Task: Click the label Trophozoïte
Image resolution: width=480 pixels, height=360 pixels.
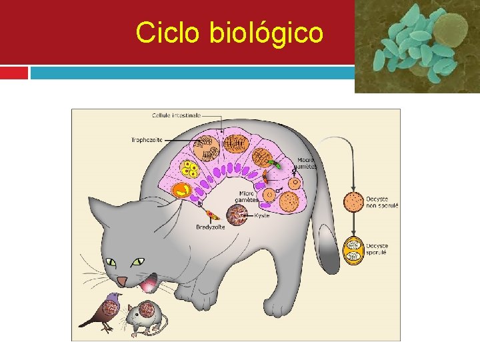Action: coord(147,139)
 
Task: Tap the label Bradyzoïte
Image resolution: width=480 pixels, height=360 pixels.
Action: coord(210,227)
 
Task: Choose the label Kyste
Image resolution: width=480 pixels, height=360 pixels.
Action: coord(262,215)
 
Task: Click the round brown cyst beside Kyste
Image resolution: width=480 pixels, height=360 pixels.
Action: coord(237,215)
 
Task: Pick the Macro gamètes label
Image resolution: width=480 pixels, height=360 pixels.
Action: coord(307,163)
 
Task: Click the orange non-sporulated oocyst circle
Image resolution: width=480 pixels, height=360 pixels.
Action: coord(353,201)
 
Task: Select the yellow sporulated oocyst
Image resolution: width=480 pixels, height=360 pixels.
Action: coord(353,251)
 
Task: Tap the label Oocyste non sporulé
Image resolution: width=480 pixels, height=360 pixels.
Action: coord(381,202)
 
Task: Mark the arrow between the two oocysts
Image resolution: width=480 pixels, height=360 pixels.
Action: coord(353,224)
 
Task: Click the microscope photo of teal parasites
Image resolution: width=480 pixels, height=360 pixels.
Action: coord(416,46)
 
